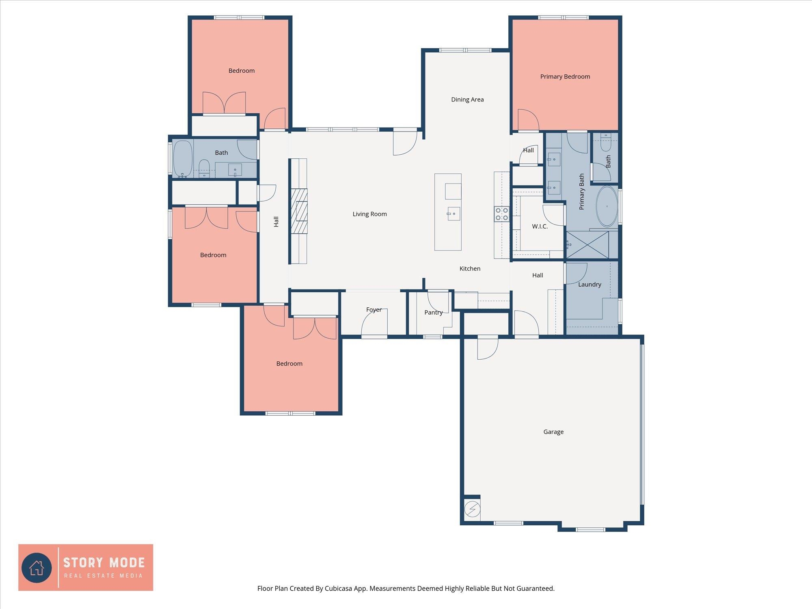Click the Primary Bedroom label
[x=565, y=77]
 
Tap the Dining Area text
[x=467, y=99]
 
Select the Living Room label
[x=369, y=214]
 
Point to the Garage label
[x=553, y=432]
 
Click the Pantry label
[x=433, y=312]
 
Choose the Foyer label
[x=374, y=310]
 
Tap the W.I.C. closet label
[x=540, y=227]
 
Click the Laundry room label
[x=590, y=285]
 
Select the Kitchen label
[x=470, y=269]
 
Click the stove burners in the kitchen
[x=502, y=214]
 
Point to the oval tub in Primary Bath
[x=607, y=206]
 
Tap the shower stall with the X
[x=587, y=245]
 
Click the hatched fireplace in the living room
[x=299, y=211]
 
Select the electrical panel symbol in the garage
[x=472, y=509]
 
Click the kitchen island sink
[x=454, y=214]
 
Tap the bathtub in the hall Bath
[x=183, y=159]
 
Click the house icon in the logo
[x=37, y=568]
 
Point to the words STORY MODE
[x=104, y=563]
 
